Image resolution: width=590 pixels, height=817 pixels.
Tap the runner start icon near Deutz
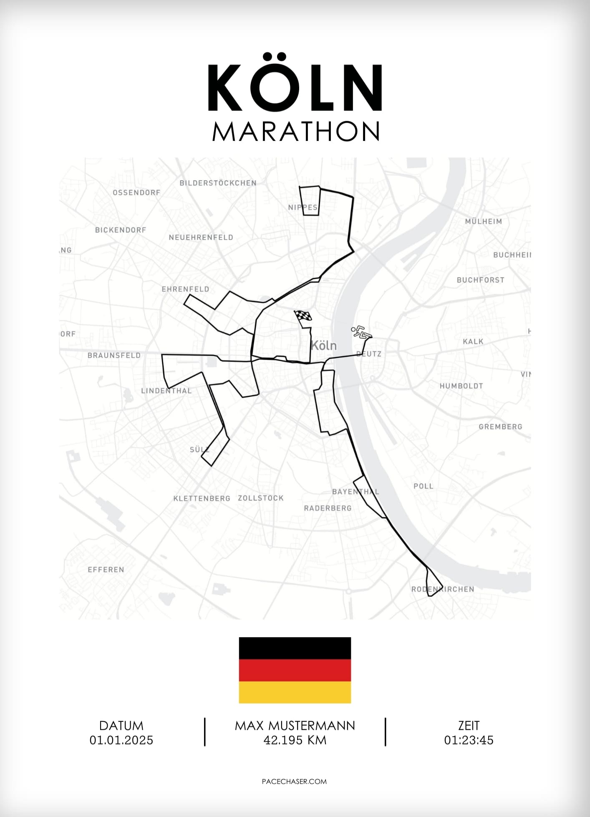point(361,332)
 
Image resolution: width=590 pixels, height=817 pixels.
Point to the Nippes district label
point(303,207)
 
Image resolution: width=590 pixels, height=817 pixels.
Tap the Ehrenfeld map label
point(185,289)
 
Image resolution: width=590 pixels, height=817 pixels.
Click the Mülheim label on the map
point(483,221)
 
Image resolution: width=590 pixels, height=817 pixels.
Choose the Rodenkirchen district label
point(443,589)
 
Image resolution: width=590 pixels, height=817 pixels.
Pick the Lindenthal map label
point(166,391)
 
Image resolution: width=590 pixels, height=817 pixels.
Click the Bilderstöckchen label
point(218,183)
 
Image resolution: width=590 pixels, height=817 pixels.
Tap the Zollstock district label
point(261,498)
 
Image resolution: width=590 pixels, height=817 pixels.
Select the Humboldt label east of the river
point(461,386)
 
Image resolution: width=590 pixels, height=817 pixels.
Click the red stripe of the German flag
point(295,670)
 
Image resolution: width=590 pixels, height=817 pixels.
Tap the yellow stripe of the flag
point(295,692)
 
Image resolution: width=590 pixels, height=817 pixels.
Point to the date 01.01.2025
point(121,740)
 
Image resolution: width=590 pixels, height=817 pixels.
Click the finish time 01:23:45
point(469,740)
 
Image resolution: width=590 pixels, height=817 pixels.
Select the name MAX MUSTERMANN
point(295,726)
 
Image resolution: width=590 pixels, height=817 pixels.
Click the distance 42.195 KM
point(295,740)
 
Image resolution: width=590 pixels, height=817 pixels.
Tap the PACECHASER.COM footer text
point(294,782)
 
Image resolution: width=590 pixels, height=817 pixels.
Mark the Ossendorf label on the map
point(136,193)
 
